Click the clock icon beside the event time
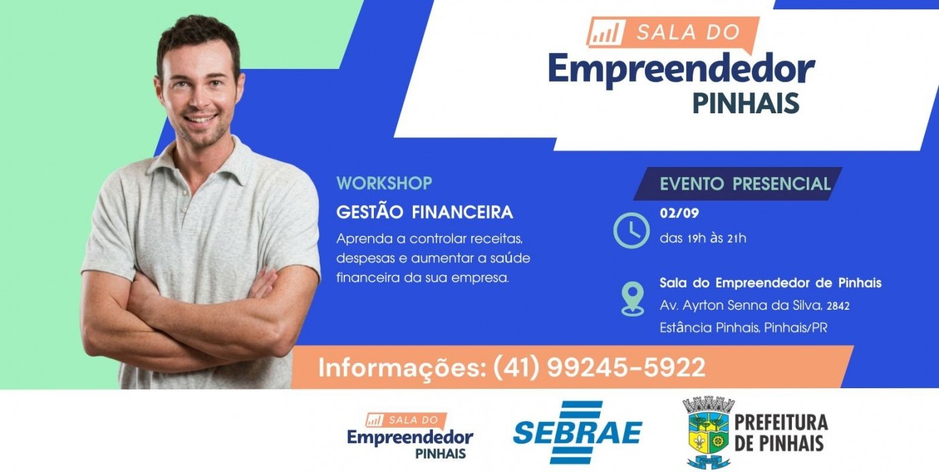(x=632, y=231)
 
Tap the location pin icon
(x=632, y=298)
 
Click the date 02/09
(x=679, y=213)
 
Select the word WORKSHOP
(x=384, y=184)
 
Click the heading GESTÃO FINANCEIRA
(x=424, y=212)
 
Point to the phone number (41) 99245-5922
(x=599, y=367)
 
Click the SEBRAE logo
(x=578, y=432)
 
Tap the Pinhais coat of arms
(x=708, y=432)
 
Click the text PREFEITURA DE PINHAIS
(x=781, y=432)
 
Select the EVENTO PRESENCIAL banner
(x=738, y=184)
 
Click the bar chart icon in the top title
(x=606, y=32)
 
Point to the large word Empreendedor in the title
(x=681, y=70)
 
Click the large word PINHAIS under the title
(x=746, y=103)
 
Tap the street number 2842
(x=838, y=306)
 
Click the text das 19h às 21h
(x=703, y=238)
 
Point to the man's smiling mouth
(x=201, y=119)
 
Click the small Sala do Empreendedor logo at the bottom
(x=410, y=436)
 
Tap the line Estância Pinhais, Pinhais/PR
(x=744, y=327)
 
